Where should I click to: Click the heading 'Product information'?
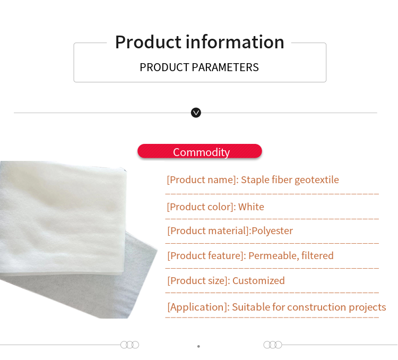(200, 42)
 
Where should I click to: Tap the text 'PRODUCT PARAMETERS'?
(199, 67)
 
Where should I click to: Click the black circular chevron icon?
(196, 113)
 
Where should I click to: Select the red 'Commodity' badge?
(200, 152)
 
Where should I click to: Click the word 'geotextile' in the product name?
(316, 180)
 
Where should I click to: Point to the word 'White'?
(251, 207)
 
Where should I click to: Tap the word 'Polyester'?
(272, 231)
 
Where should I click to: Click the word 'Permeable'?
(272, 256)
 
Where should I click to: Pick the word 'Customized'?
(258, 281)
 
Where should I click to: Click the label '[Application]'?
(198, 307)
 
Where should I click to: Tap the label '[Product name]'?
(201, 180)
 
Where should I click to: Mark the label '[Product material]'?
(208, 231)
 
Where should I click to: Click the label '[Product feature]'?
(205, 256)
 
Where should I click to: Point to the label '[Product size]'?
(197, 281)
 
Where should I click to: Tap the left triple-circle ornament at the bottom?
(129, 345)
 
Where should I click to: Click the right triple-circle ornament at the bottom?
(273, 345)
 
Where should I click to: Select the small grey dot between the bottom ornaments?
(198, 346)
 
